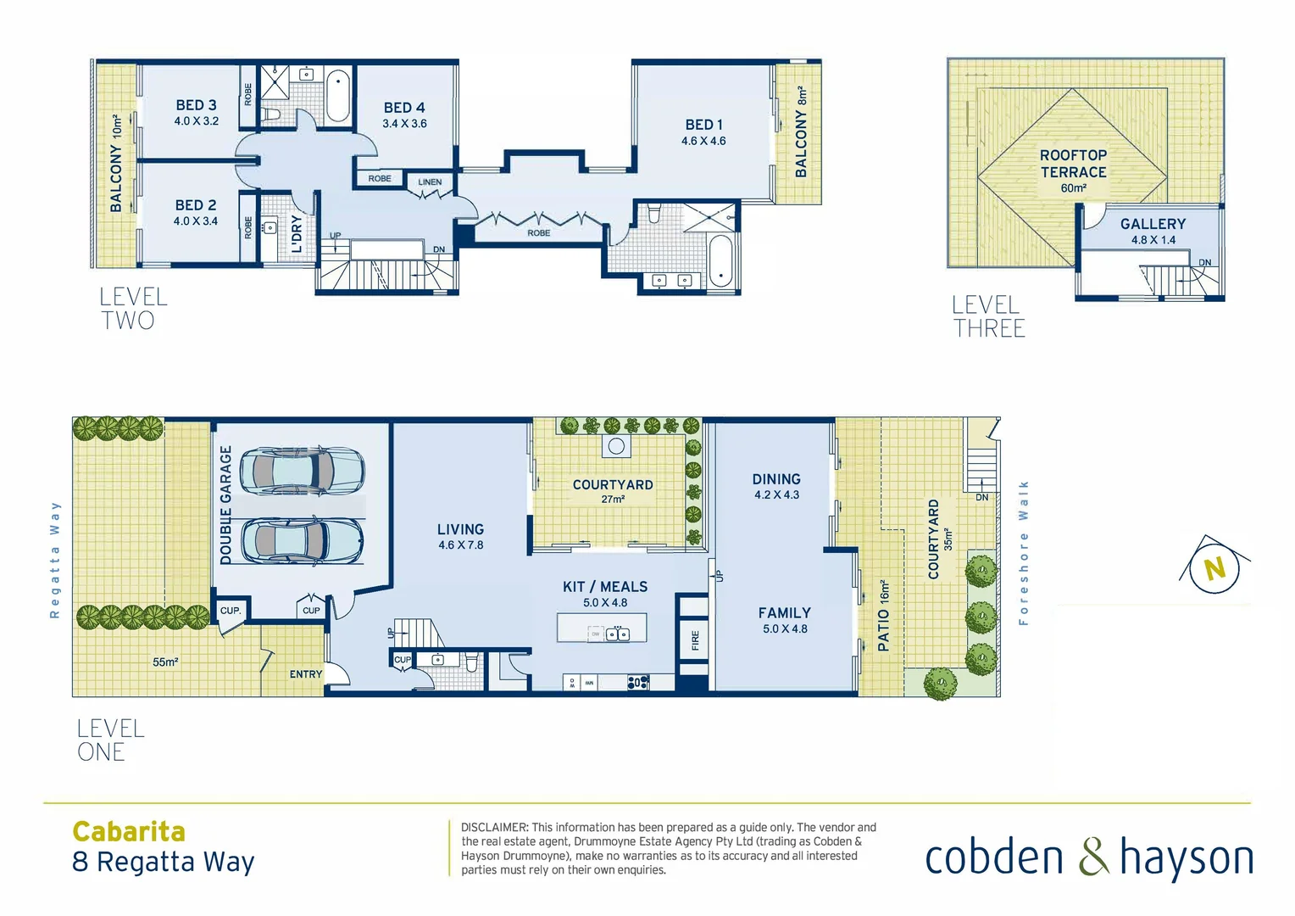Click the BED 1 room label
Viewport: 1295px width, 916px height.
click(703, 125)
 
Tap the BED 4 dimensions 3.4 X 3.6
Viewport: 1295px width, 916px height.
click(404, 124)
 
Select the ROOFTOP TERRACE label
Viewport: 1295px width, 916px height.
click(1073, 164)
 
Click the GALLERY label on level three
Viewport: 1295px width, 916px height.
click(1153, 224)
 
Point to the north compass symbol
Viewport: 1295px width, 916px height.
click(1215, 568)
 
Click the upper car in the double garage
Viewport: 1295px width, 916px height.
click(302, 470)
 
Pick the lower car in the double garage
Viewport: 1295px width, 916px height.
click(302, 540)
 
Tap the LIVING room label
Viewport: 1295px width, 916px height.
click(460, 529)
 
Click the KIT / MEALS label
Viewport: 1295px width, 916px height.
click(605, 587)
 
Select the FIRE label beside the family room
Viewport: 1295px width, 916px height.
click(695, 640)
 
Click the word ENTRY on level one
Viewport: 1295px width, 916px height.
click(306, 674)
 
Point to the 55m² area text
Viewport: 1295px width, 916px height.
click(165, 662)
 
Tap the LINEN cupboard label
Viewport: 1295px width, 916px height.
click(430, 182)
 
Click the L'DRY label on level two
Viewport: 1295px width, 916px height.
click(297, 233)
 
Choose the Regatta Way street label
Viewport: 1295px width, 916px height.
click(55, 560)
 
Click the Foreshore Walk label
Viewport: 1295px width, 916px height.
click(1024, 553)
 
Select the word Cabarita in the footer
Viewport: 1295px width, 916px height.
click(129, 831)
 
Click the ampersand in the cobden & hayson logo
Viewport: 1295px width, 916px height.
click(1093, 857)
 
